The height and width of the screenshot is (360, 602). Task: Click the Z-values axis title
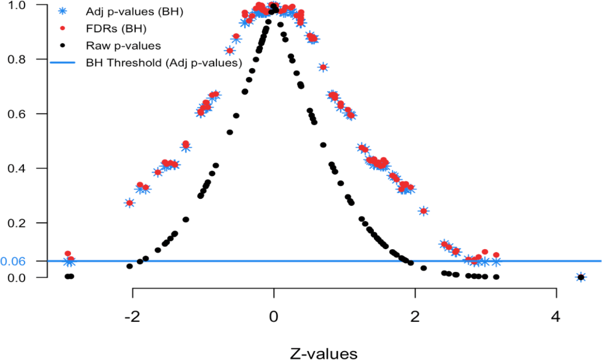(323, 353)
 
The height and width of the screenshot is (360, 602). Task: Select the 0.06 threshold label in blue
(13, 262)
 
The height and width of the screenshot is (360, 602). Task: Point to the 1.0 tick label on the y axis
(16, 5)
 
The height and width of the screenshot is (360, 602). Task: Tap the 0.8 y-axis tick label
(16, 59)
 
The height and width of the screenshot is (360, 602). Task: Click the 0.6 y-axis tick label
(16, 114)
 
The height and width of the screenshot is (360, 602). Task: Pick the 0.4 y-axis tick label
(16, 169)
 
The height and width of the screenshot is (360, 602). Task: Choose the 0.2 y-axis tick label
(16, 223)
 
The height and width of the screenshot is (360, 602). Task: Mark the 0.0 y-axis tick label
(16, 278)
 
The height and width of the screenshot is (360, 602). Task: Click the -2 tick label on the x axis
(132, 317)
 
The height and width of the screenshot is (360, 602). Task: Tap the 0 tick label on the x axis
(274, 317)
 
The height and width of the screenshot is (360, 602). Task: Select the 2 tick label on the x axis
(415, 317)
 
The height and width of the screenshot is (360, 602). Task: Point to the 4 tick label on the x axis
(556, 317)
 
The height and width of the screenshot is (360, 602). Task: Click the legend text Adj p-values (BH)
(134, 12)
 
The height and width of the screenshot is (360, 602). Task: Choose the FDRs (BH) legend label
(116, 29)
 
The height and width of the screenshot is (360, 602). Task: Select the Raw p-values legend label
(123, 46)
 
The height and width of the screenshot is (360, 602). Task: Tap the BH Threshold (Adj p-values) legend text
(164, 63)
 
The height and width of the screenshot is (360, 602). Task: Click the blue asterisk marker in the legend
(62, 11)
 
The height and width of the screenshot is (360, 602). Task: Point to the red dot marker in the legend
(62, 28)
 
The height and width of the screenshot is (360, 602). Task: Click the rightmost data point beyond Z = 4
(580, 277)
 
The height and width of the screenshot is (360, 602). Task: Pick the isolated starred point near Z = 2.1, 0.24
(423, 211)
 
